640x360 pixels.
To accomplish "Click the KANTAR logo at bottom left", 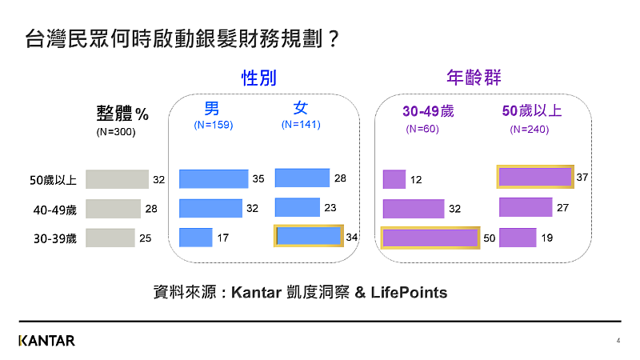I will tap(46, 341).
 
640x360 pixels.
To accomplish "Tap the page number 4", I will tap(618, 341).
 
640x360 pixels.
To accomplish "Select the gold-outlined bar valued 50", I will tap(430, 238).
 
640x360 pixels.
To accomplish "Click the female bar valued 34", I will tap(308, 236).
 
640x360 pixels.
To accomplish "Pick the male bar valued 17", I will tap(195, 238).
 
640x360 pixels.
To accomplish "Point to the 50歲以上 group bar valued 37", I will tap(535, 176).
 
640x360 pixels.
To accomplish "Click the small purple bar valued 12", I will tap(394, 180).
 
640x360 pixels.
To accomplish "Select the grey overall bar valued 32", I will tap(117, 179).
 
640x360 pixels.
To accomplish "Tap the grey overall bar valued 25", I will tap(110, 238).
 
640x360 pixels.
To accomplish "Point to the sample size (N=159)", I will tap(213, 125).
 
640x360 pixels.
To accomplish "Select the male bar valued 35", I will tap(214, 179).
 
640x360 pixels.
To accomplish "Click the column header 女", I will tap(300, 107).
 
